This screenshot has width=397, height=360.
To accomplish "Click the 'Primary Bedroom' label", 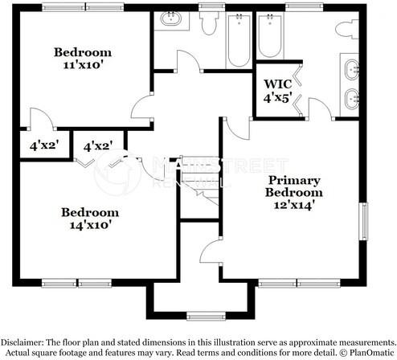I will [295, 186].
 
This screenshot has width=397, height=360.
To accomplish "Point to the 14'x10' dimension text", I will [90, 226].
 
